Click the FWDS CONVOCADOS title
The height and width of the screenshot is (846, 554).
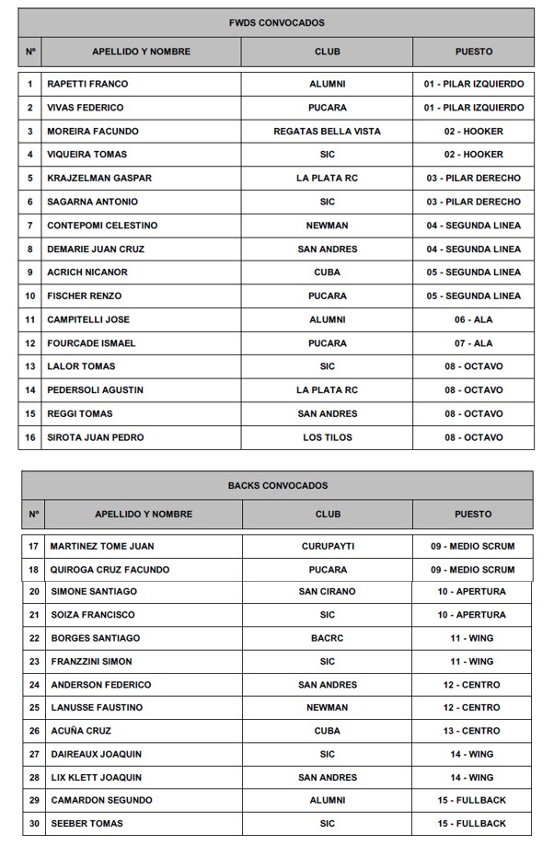[276, 23]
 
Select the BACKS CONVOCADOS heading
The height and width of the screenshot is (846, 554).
[277, 485]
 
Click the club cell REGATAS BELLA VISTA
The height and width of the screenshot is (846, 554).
[327, 131]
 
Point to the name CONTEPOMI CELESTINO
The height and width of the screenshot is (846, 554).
[102, 226]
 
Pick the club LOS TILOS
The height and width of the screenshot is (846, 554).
[327, 437]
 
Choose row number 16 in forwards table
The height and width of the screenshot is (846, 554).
[30, 437]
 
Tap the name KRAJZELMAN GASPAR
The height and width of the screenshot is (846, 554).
[99, 178]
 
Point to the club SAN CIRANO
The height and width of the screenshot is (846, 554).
[327, 592]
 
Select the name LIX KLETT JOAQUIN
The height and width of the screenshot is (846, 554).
[96, 777]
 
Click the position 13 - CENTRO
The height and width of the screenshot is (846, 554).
[472, 730]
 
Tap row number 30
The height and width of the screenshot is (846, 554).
[34, 823]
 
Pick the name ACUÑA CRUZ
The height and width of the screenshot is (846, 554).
[80, 730]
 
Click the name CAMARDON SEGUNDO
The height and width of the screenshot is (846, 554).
[101, 800]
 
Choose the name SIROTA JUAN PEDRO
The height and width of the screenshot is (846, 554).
[96, 437]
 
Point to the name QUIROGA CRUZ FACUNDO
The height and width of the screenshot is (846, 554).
[110, 570]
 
